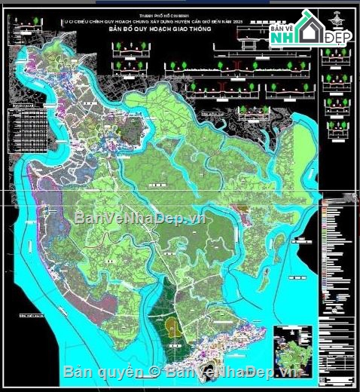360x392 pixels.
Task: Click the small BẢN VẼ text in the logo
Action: [281, 28]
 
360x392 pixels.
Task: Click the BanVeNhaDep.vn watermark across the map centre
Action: [139, 218]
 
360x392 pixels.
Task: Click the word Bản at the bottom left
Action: [78, 372]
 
